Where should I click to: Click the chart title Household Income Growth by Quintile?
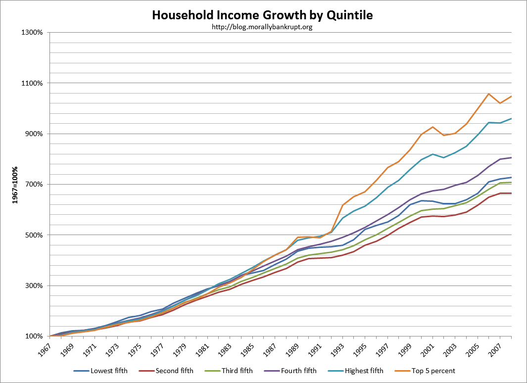pyautogui.click(x=262, y=15)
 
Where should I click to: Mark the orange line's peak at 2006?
pyautogui.click(x=488, y=94)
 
